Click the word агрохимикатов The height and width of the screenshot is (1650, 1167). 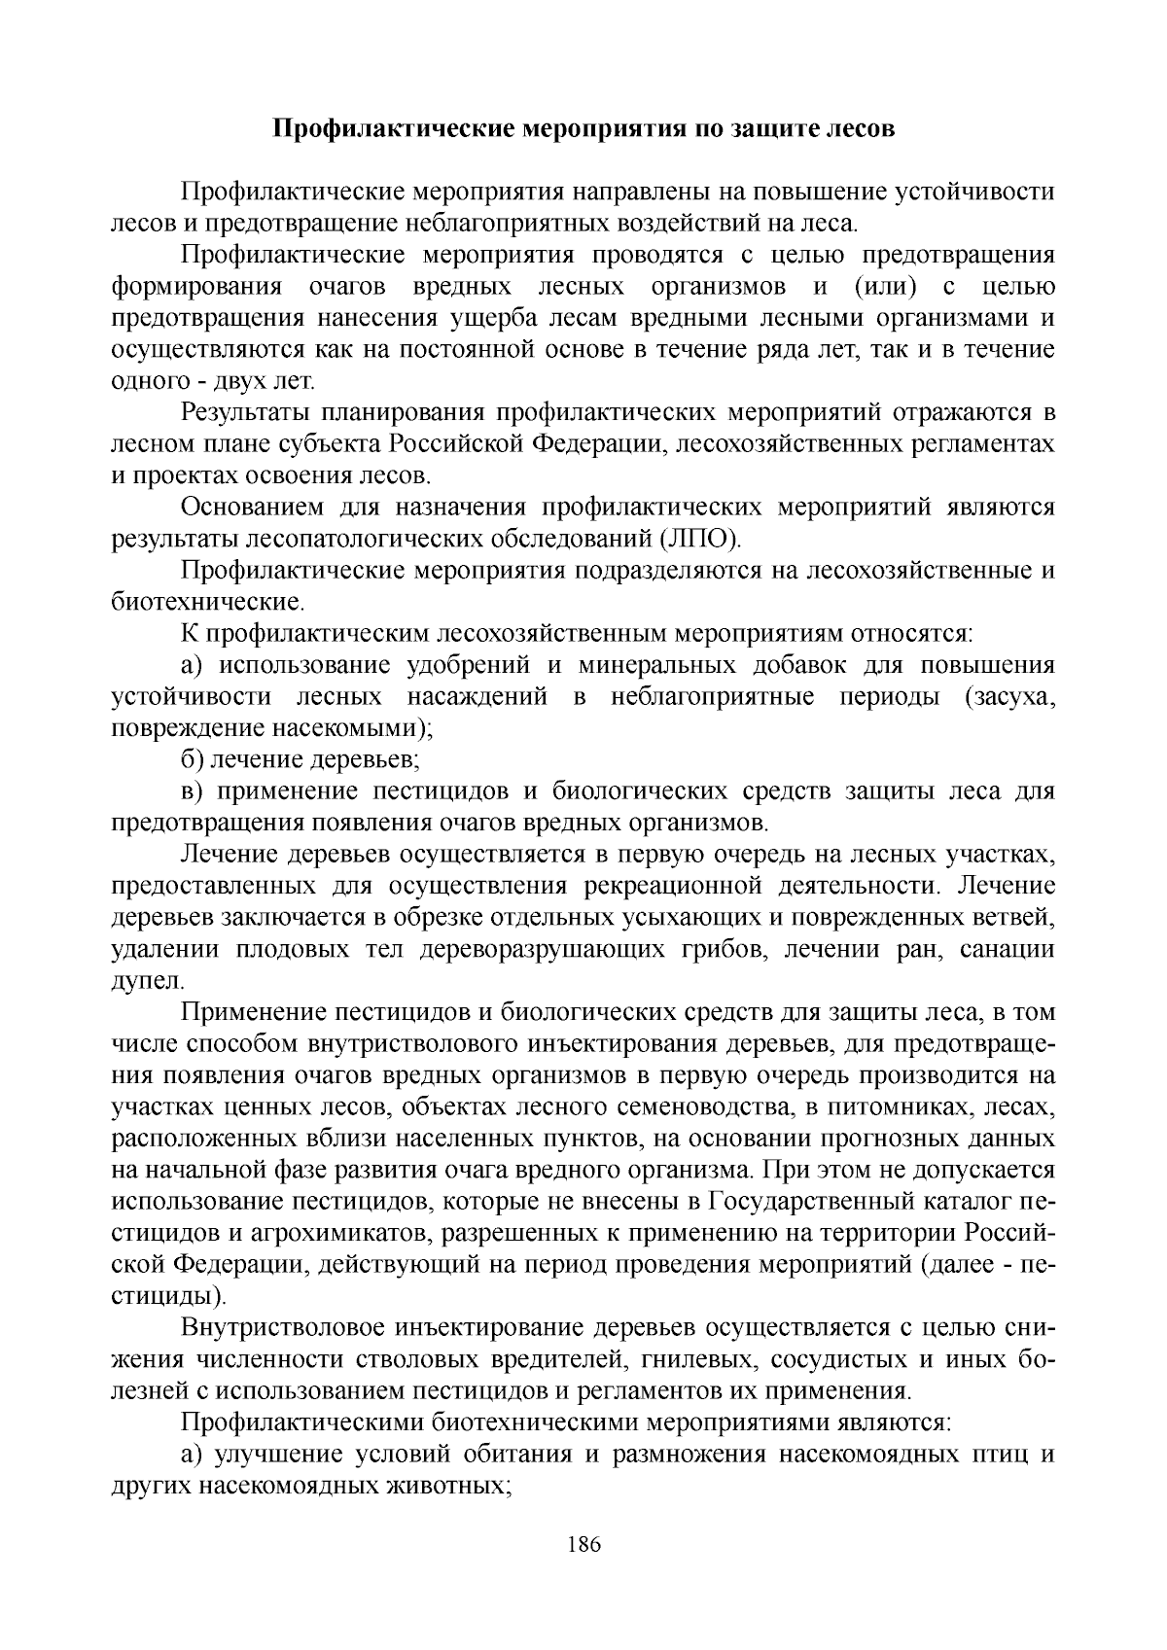pos(343,1234)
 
